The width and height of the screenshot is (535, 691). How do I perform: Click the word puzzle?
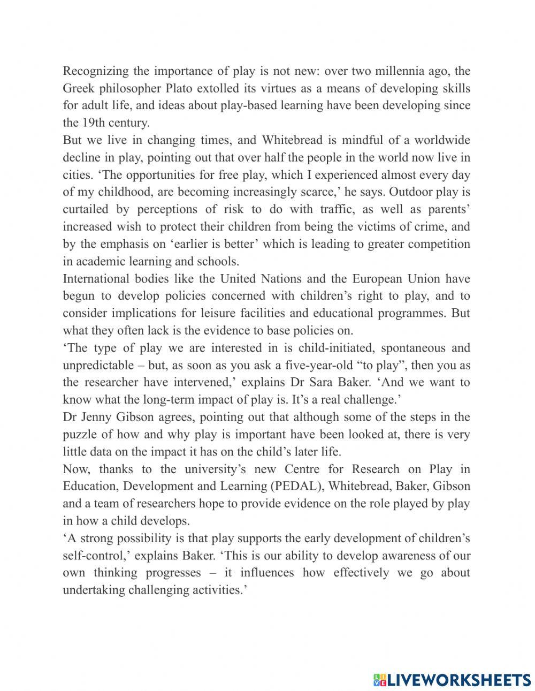[78, 434]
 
